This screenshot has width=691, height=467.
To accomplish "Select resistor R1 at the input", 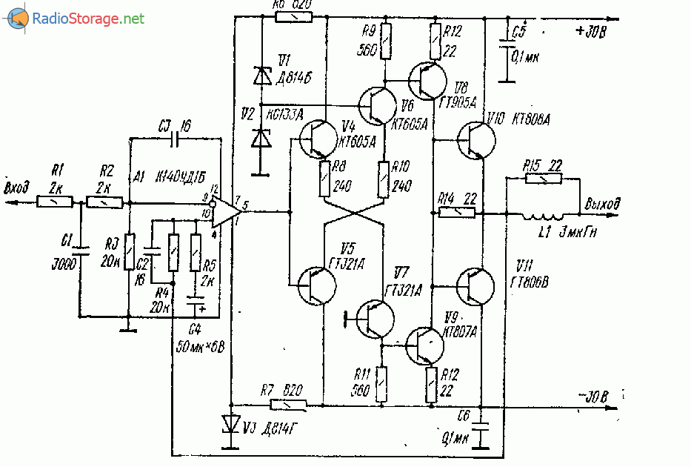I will pyautogui.click(x=55, y=202).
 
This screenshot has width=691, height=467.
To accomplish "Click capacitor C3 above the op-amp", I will pyautogui.click(x=176, y=138).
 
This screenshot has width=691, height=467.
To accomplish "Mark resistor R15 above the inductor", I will pyautogui.click(x=544, y=179).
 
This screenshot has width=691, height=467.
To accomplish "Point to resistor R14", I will pyautogui.click(x=457, y=213).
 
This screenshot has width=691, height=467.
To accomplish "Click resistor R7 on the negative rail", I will pyautogui.click(x=289, y=405).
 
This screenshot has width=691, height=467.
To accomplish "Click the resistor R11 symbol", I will pyautogui.click(x=382, y=384).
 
